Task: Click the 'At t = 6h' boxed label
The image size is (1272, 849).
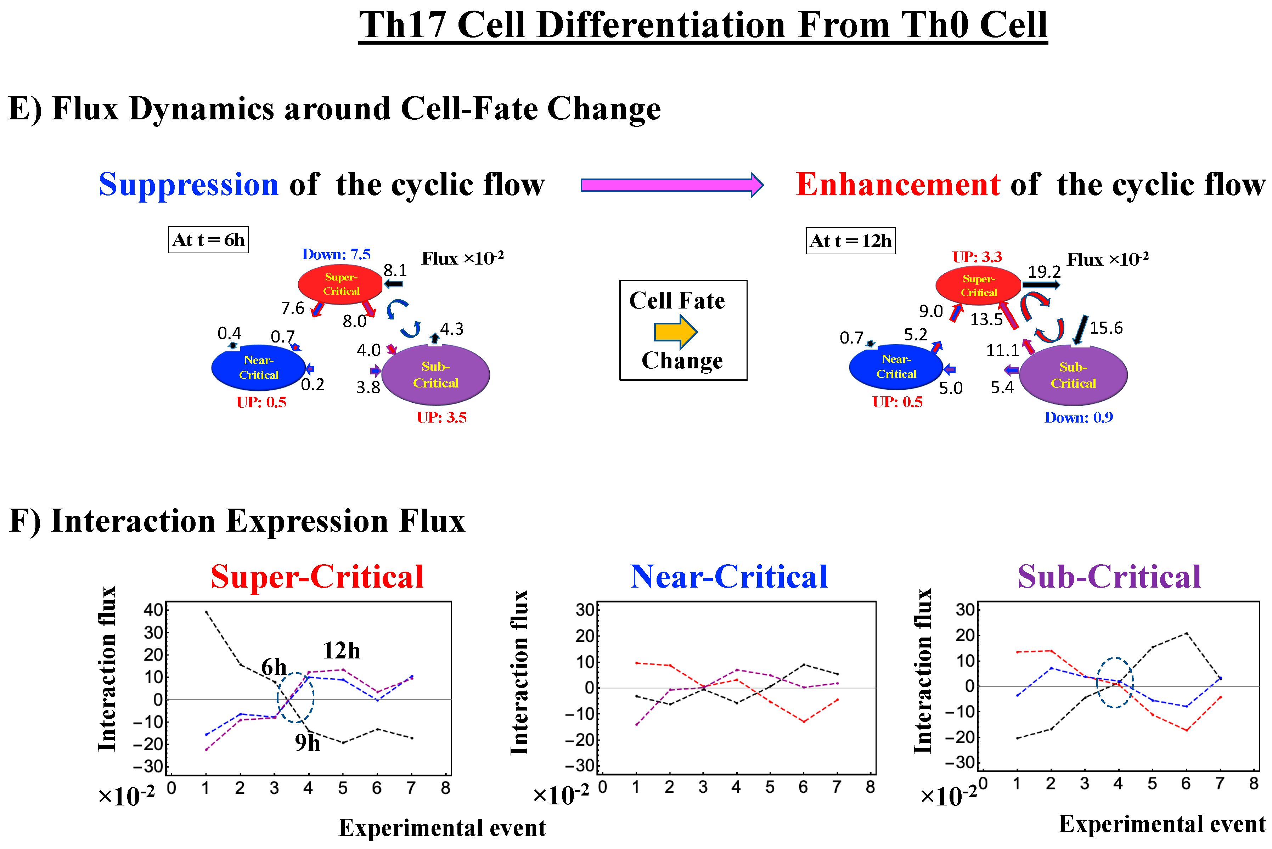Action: (208, 240)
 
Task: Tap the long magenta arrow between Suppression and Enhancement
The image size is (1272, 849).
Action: (671, 186)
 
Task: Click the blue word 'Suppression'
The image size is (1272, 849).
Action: (188, 185)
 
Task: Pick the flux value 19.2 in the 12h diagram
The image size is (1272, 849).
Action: (1044, 271)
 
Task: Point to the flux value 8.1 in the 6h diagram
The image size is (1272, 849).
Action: (395, 270)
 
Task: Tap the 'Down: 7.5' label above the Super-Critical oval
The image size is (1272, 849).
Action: (336, 254)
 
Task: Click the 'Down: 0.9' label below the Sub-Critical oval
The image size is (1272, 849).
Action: (1078, 418)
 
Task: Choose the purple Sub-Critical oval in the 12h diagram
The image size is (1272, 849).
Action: (1073, 375)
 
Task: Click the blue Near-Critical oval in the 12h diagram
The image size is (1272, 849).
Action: (896, 367)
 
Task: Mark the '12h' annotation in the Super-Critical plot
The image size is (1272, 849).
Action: (342, 651)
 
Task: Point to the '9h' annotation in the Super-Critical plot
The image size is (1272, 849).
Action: (307, 743)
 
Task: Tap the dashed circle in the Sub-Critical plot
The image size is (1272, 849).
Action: (1115, 683)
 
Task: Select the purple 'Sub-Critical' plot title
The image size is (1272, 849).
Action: (1109, 577)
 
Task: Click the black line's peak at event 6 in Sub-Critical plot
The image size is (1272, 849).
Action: (1187, 633)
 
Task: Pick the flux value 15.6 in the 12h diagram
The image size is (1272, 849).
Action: (1106, 328)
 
